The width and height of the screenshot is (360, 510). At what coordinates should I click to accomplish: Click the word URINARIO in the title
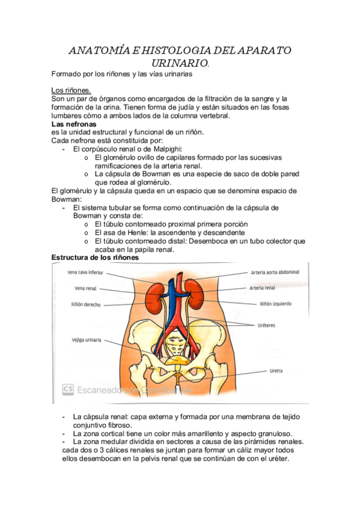coord(178,63)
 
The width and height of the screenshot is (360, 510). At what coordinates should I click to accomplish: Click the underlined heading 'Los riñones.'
coord(72,90)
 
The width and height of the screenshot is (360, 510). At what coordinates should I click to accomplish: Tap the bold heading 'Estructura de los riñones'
coord(95,257)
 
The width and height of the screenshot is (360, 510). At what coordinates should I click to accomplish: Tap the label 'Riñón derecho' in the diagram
coord(84,304)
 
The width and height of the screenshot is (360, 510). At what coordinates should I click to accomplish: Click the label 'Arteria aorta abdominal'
coord(275,272)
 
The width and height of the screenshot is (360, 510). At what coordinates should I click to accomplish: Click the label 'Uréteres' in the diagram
coord(271,325)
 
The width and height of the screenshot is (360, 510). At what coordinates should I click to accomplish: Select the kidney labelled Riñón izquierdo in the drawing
coord(193,289)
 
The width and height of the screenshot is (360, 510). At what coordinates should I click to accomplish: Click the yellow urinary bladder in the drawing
coord(177,360)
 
